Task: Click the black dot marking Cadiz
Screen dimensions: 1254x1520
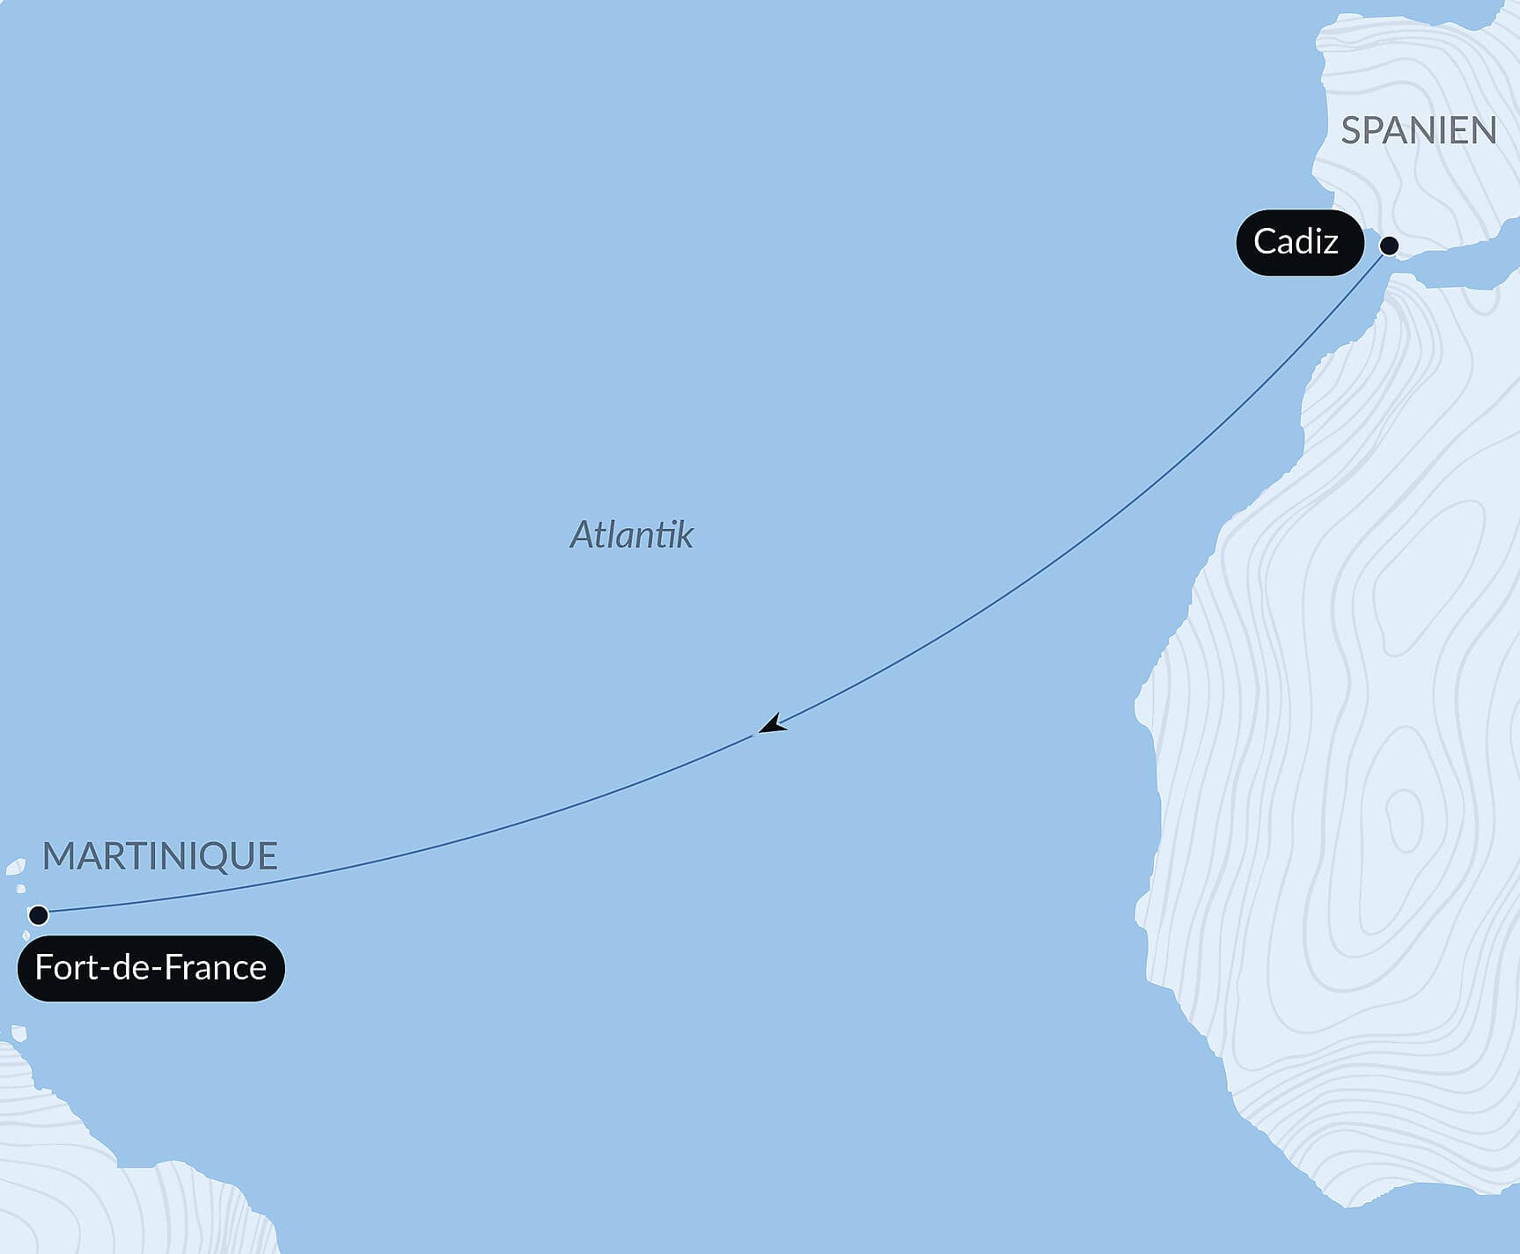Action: coord(1389,246)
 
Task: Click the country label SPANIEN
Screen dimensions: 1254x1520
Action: coord(1418,131)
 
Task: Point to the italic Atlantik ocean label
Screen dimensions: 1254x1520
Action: coord(631,535)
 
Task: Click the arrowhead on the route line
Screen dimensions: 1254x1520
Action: coord(773,724)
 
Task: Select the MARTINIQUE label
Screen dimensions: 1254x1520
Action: coord(160,856)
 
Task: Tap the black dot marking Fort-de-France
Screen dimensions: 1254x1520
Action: coord(38,915)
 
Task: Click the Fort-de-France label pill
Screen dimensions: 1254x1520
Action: coord(151,968)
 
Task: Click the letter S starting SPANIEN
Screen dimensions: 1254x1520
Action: coord(1352,131)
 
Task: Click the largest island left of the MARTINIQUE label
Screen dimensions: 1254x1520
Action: coord(15,868)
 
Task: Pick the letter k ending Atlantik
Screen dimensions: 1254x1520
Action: coord(685,535)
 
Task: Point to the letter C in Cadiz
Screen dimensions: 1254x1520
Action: coord(1265,242)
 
